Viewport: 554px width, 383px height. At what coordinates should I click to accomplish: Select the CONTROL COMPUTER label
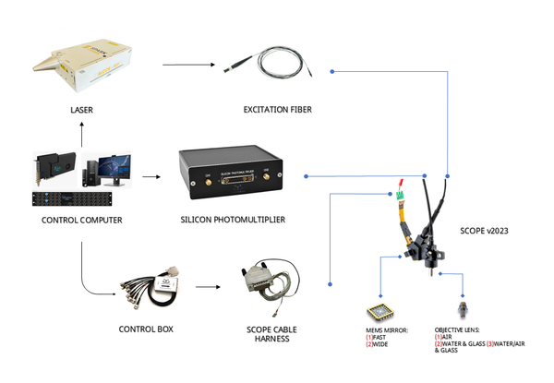pos(82,220)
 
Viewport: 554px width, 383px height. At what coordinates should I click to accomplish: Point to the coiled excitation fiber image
pos(277,64)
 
